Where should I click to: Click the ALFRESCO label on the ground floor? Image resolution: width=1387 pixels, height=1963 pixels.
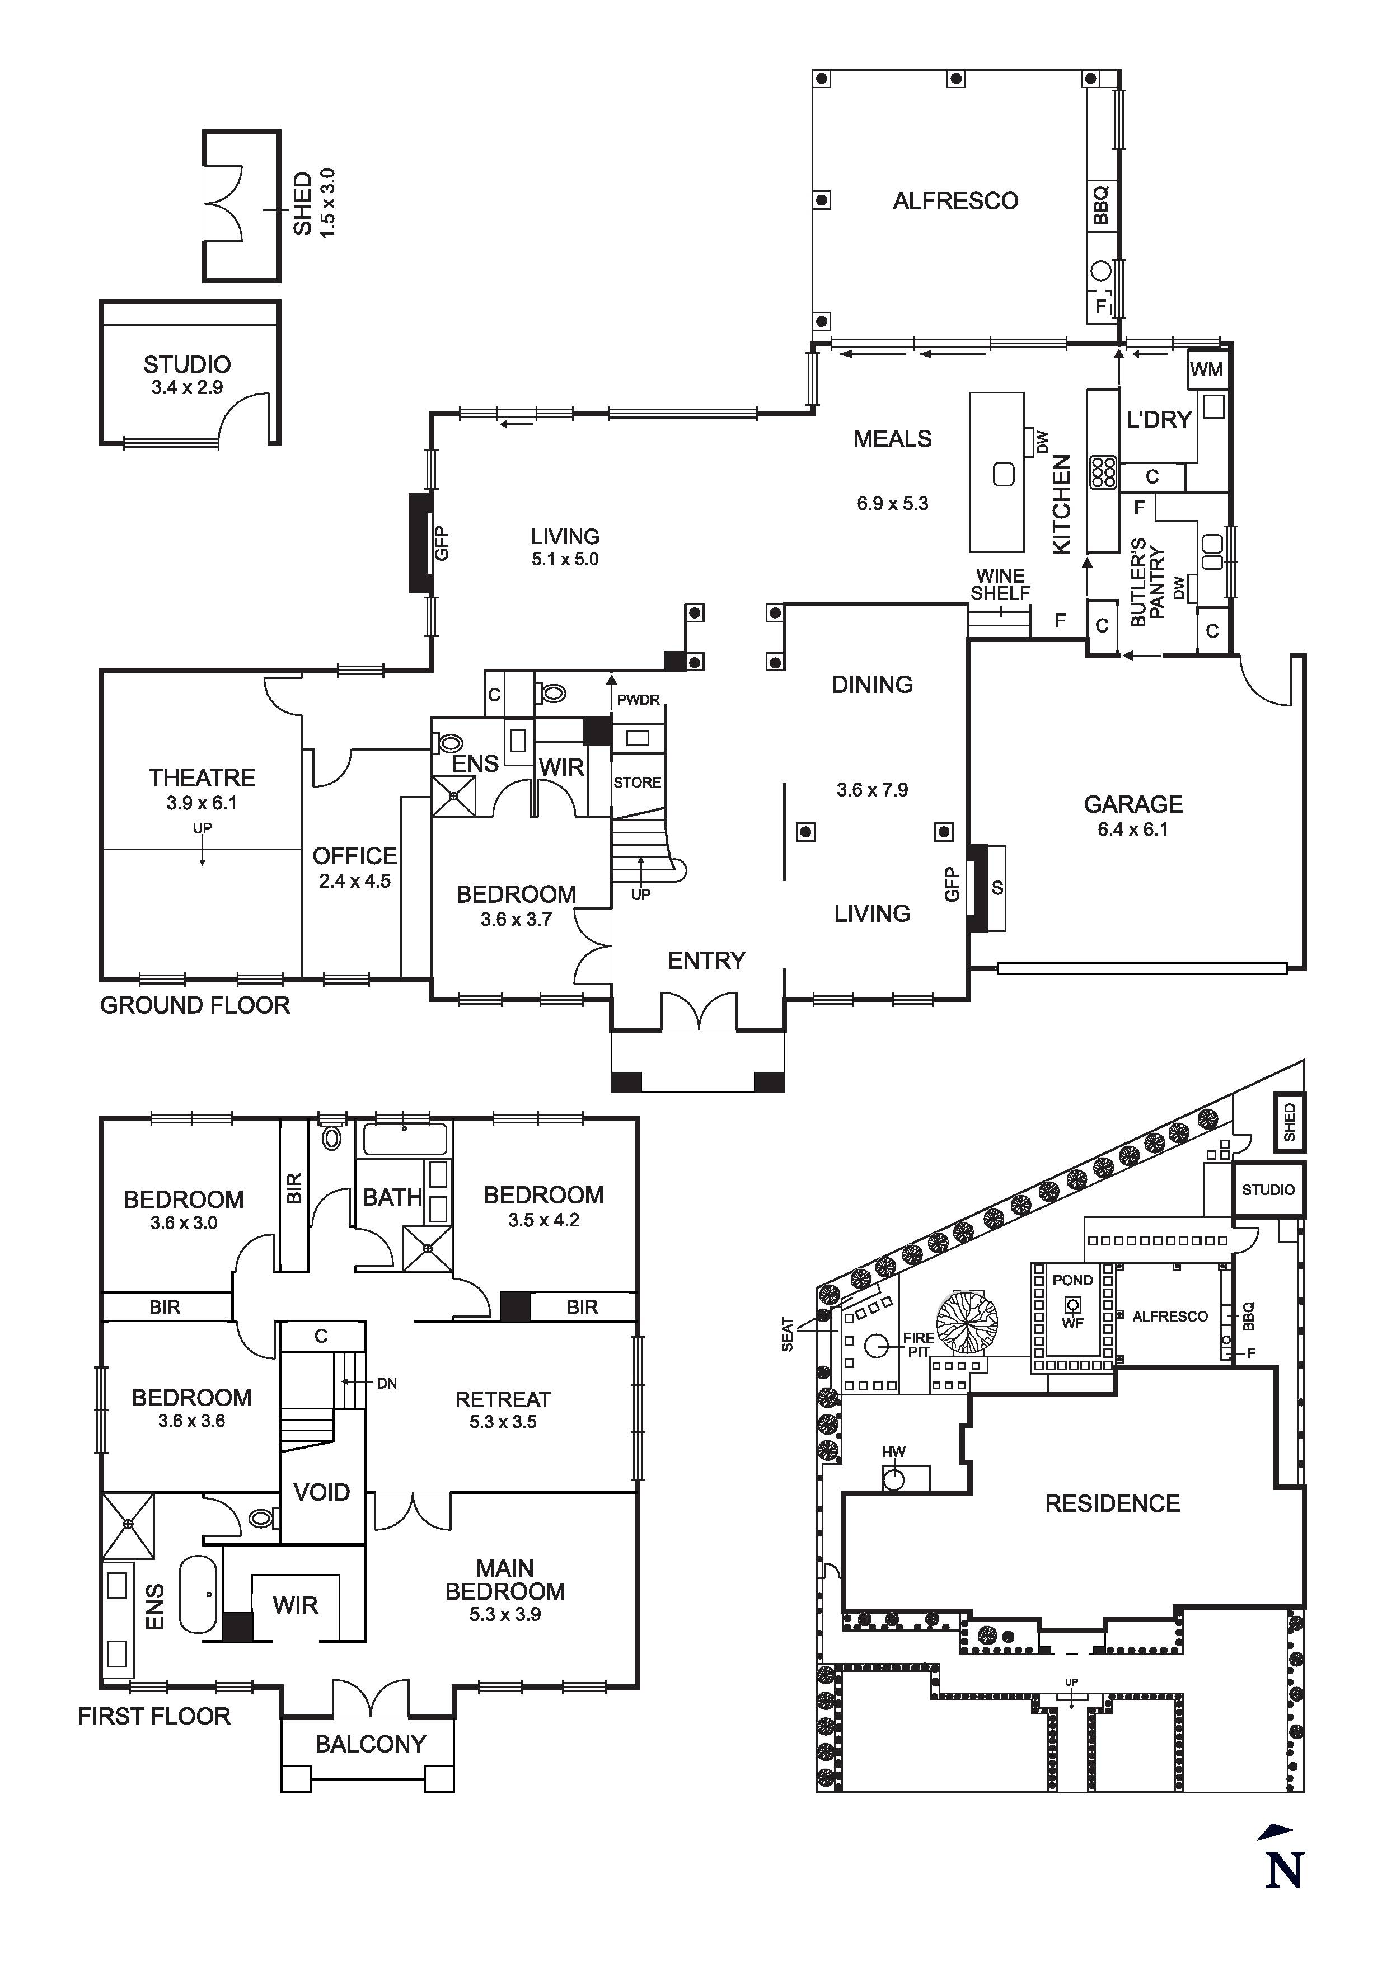(955, 201)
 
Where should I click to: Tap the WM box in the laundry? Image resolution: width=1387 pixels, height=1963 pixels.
(1207, 369)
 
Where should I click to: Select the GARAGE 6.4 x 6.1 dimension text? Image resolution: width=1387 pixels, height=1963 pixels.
(1133, 828)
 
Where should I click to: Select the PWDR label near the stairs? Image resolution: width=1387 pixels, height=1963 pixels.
(639, 700)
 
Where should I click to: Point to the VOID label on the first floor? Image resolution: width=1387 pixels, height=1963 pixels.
(321, 1492)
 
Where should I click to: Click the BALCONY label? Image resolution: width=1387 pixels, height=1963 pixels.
(371, 1744)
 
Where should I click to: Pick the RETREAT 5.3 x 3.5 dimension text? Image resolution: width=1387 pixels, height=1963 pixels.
(503, 1422)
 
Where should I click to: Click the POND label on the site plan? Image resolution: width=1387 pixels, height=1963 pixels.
(1072, 1280)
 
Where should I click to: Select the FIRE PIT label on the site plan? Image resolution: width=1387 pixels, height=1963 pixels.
(917, 1346)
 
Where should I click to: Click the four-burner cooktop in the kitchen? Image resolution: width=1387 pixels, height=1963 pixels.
(1103, 472)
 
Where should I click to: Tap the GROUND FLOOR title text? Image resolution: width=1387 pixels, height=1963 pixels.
(195, 1005)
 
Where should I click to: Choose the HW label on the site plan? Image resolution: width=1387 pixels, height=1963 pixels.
(893, 1452)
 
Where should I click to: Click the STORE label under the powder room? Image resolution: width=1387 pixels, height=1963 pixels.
(637, 783)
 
